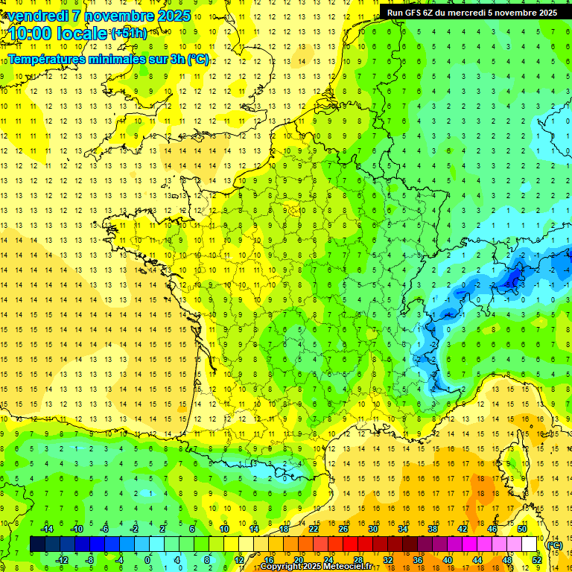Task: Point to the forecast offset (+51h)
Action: point(128,33)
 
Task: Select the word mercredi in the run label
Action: point(465,13)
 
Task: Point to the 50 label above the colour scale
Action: point(521,529)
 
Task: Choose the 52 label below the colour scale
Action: point(536,559)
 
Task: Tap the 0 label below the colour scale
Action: point(147,559)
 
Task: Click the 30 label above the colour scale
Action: point(373,529)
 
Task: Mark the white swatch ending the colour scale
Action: point(530,544)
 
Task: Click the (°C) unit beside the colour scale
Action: point(554,544)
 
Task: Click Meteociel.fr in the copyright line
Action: point(350,567)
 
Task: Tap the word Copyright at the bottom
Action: point(283,567)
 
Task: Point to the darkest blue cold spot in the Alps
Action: point(512,279)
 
